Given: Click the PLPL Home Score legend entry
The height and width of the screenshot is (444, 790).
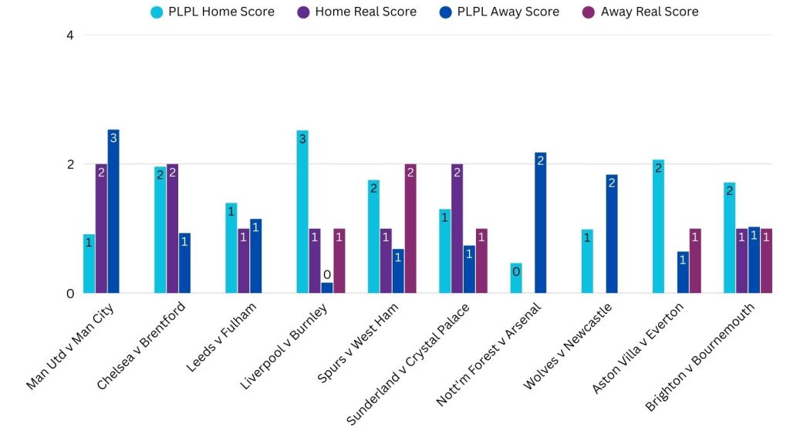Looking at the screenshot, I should [213, 12].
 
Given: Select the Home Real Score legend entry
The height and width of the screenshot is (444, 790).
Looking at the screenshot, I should [357, 12].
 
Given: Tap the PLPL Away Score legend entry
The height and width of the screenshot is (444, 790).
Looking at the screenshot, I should [500, 12].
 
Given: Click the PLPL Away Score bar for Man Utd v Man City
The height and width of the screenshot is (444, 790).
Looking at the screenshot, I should [113, 211].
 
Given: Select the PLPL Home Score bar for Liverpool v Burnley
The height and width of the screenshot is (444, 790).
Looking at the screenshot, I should [302, 212].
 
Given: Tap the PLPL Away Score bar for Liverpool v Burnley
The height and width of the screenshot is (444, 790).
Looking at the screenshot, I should [327, 288].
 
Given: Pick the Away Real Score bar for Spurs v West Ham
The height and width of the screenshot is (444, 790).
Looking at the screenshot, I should [410, 228].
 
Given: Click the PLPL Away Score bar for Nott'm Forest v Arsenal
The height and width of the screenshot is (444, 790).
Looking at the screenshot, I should [540, 223].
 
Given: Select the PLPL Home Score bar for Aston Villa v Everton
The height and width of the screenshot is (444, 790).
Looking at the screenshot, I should [658, 227].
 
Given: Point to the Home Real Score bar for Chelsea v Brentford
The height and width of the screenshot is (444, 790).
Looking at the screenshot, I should [173, 228].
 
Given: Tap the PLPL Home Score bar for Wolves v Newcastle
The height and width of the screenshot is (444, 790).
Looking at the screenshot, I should [587, 261].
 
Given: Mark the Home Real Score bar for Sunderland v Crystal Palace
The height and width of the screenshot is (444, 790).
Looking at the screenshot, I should [457, 228].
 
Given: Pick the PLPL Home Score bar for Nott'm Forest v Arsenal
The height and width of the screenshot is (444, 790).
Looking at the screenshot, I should [516, 278].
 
